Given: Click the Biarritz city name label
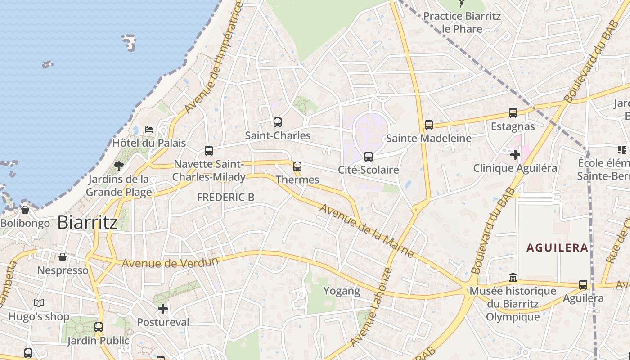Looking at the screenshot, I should [88, 222].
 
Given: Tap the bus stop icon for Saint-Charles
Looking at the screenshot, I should [278, 122].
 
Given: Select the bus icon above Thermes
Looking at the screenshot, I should [297, 166].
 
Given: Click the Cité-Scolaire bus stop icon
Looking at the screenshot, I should [369, 156].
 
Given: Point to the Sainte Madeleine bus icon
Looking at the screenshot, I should [429, 125].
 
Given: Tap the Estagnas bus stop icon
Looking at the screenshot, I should [513, 113].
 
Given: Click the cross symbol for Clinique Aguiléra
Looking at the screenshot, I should [515, 155].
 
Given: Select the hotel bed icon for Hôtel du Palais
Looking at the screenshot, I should [149, 130].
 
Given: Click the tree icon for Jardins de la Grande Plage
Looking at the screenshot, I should [119, 166].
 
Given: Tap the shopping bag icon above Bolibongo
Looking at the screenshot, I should [25, 210].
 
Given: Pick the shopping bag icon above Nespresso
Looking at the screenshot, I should [63, 257].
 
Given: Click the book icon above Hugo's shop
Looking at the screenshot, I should [39, 303].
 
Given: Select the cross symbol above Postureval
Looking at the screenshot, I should [163, 309].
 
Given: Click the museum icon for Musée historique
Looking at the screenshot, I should [513, 277].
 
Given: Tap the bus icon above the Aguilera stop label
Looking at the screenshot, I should [583, 284].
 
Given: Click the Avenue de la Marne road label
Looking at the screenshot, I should [367, 231].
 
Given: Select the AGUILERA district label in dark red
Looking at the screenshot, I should [558, 247].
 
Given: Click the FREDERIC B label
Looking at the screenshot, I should [225, 197].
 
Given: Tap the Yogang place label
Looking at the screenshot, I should [342, 291].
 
